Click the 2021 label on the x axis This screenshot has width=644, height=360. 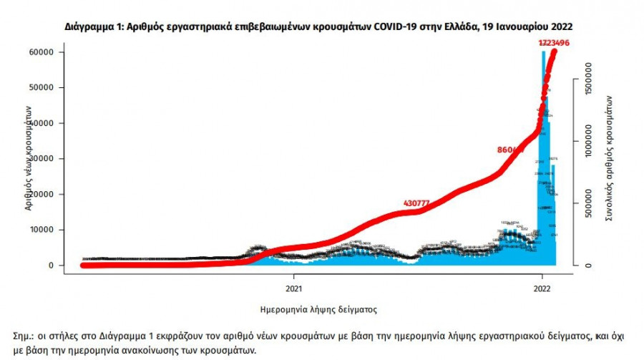[293, 289]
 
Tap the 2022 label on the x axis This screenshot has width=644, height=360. [542, 289]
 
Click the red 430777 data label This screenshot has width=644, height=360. [416, 203]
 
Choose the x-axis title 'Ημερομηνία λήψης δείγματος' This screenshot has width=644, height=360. [318, 310]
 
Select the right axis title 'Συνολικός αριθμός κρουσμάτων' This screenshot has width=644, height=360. [609, 157]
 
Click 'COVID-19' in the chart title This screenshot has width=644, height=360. [386, 26]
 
